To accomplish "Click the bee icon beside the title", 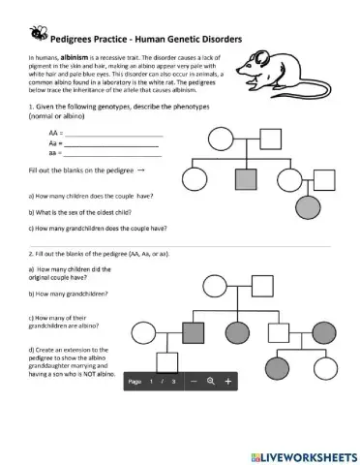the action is click(x=39, y=33).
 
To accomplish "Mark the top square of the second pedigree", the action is click(x=262, y=286).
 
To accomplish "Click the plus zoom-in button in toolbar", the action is click(x=228, y=382).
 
